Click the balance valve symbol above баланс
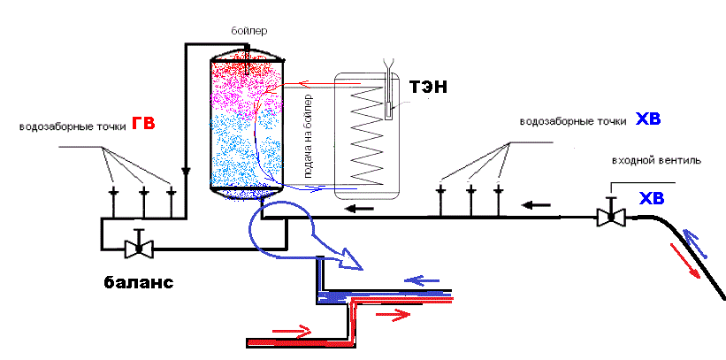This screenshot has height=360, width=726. coord(136,245)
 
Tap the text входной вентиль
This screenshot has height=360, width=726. coord(658,162)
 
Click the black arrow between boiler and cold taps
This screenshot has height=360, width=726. coord(357,209)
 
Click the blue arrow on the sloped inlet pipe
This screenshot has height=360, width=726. coord(695,241)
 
